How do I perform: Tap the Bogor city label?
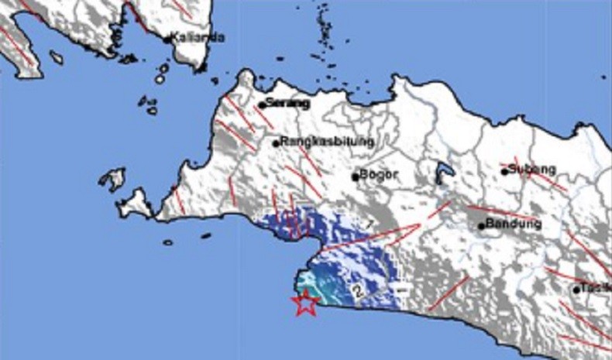380,176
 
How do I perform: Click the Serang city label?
287,103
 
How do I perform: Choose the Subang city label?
534,170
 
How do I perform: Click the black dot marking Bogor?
356,177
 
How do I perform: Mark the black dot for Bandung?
481,227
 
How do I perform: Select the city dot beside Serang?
262,105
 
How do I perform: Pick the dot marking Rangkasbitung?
276,143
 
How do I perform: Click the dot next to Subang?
504,171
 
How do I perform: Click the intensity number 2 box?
358,291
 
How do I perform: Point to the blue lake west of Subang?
444,173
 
